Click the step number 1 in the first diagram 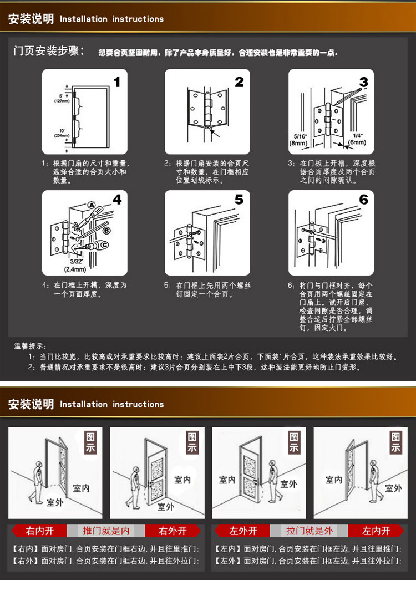coord(116,82)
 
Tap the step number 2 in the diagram coord(239,82)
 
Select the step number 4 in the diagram coord(117,200)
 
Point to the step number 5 coord(239,200)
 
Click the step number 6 coord(364,200)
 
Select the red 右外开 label coord(173,531)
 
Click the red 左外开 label coord(243,531)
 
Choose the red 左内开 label coord(377,531)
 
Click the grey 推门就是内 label coord(106,531)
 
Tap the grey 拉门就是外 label coord(310,531)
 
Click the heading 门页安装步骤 coord(49,52)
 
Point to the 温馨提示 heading coord(31,346)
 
